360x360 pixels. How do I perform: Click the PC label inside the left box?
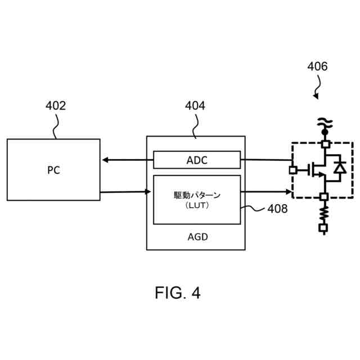[x=53, y=170]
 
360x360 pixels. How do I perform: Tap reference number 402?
[x=55, y=106]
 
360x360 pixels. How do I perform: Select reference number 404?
[x=195, y=106]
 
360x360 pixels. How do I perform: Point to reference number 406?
[x=317, y=66]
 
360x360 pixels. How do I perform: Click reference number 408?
[x=277, y=209]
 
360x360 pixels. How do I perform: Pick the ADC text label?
[x=197, y=160]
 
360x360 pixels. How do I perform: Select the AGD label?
[x=197, y=237]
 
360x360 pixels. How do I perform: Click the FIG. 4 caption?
[x=178, y=293]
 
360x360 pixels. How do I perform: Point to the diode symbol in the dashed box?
[x=339, y=168]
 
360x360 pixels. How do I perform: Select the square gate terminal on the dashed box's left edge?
[x=292, y=169]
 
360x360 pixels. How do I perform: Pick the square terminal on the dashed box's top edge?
[x=325, y=144]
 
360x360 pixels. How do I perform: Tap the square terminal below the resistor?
[x=323, y=228]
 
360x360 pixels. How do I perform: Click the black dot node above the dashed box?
[x=325, y=132]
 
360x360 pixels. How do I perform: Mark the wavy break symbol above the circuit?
[x=325, y=121]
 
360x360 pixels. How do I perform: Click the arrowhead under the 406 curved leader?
[x=316, y=97]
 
